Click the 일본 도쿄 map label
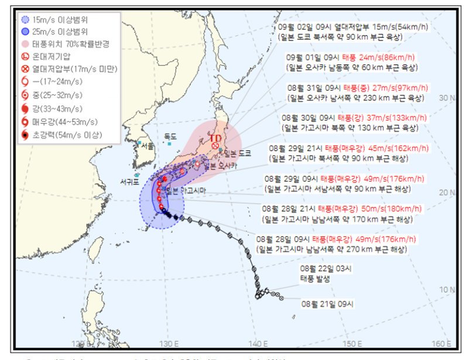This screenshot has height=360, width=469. [237, 153]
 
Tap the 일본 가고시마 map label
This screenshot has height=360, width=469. [182, 191]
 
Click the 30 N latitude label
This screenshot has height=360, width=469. [449, 98]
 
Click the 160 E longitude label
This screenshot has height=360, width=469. [441, 343]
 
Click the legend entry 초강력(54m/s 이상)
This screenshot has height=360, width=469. [59, 136]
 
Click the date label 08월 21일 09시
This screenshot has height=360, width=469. [327, 303]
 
